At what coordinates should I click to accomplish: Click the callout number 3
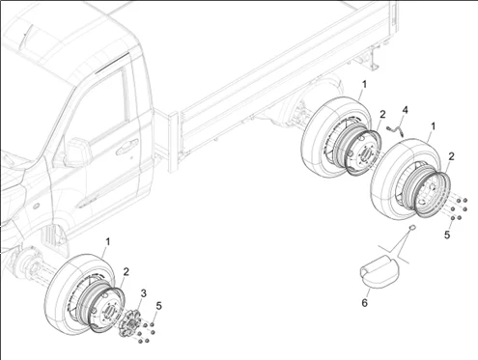(x=144, y=293)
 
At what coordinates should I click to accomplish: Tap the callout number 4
(x=406, y=110)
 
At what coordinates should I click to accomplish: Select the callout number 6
(x=364, y=303)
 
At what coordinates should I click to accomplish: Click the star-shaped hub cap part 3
(x=129, y=323)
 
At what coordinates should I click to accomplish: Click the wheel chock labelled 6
(x=380, y=269)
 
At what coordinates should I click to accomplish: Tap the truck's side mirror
(x=77, y=152)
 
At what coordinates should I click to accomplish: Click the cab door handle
(x=127, y=147)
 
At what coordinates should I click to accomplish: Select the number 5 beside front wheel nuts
(x=158, y=306)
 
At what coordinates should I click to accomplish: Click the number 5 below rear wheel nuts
(x=447, y=235)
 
